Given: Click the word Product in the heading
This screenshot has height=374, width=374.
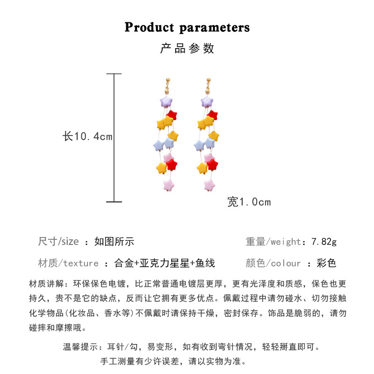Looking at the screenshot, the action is pos(149,27).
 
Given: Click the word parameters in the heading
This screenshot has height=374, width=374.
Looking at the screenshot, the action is pos(215,28).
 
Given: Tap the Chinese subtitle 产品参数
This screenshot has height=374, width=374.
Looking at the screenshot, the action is pos(187,49).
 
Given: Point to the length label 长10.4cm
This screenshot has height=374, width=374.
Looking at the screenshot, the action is pos(87,137).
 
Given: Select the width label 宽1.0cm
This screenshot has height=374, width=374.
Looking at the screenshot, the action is pos(249,202).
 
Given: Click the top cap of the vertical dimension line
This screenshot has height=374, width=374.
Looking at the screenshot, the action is pos(114,74).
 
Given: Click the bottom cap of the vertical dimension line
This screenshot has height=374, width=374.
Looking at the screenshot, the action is pos(114,202).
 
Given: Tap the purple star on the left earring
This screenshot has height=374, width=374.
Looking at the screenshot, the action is pos(166,102).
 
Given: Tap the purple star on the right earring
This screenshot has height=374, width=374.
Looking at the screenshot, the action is pos(207,102).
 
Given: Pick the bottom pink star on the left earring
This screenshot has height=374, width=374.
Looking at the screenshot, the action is pos(169,186).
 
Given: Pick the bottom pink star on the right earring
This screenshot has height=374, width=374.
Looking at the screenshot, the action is pos(209,186).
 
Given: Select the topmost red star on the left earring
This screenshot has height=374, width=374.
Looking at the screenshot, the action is pos(172,115).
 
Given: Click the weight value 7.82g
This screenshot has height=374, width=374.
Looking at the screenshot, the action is pos(324,242).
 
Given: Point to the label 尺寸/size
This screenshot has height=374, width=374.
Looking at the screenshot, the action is pos(58,242).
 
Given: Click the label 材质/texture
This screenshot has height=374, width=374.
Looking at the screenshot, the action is pos(68,263).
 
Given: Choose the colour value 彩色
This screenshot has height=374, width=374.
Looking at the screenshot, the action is pos(326,263).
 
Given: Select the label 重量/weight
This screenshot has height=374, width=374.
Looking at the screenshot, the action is pos(273,242).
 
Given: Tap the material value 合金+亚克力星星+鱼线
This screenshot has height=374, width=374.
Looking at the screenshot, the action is pos(165,263).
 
